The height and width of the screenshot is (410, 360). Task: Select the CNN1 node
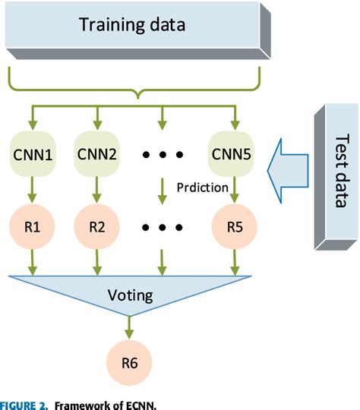[32, 155]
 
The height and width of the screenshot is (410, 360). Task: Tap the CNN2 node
[97, 155]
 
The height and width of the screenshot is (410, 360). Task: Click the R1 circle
[32, 225]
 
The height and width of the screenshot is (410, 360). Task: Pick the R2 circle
[97, 225]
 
